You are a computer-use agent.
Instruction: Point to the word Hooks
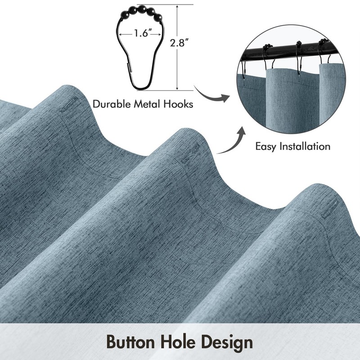pos(178,104)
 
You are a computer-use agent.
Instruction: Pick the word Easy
pos(267,147)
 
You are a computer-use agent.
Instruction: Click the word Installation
pos(306,146)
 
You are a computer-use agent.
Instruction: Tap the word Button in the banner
pos(130,342)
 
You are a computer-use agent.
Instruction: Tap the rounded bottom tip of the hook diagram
pos(141,89)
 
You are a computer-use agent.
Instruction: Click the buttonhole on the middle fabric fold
pos(190,153)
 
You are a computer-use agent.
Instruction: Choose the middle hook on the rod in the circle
pos(298,58)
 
